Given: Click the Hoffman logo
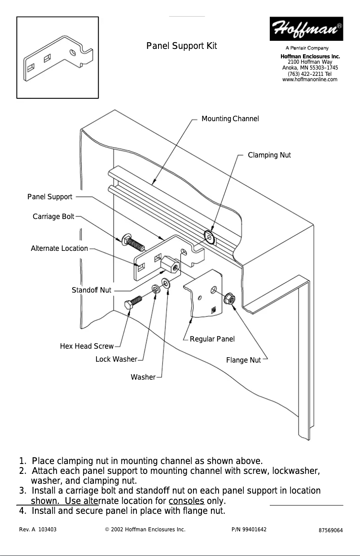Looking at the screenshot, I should (306, 28).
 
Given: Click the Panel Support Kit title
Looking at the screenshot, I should (182, 46).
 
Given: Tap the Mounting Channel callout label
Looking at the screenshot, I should (230, 119).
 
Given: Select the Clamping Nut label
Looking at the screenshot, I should (269, 155).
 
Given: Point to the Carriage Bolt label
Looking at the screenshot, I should (53, 217).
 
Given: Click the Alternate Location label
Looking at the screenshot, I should (59, 249).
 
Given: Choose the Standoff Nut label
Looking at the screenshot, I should (91, 290).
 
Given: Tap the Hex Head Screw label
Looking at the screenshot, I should (87, 346).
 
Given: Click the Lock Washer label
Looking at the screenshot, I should (116, 359).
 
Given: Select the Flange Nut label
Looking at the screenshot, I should (243, 360).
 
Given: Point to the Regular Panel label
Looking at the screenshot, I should (212, 339).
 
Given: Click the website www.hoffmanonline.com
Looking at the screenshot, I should (309, 80).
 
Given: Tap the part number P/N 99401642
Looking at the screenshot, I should (249, 530).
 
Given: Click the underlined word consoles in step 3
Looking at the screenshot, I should (187, 501).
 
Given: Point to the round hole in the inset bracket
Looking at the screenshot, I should (73, 53).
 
